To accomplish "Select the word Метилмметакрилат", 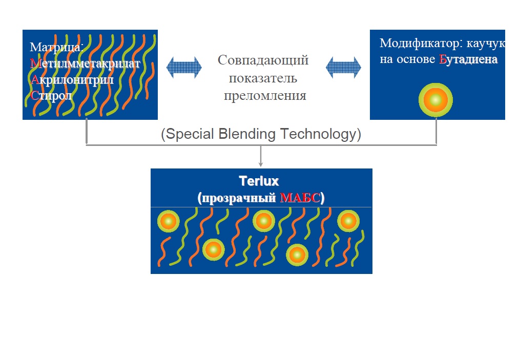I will (x=85, y=63).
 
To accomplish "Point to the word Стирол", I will (x=51, y=95).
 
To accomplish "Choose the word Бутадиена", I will (x=468, y=59).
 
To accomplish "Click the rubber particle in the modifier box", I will (x=435, y=100).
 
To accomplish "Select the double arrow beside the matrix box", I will (x=184, y=67).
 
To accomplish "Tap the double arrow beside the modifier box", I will (x=343, y=67).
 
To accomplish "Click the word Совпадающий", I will (x=263, y=60).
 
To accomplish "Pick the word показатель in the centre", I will (x=263, y=78).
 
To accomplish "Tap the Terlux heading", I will (x=261, y=181).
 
